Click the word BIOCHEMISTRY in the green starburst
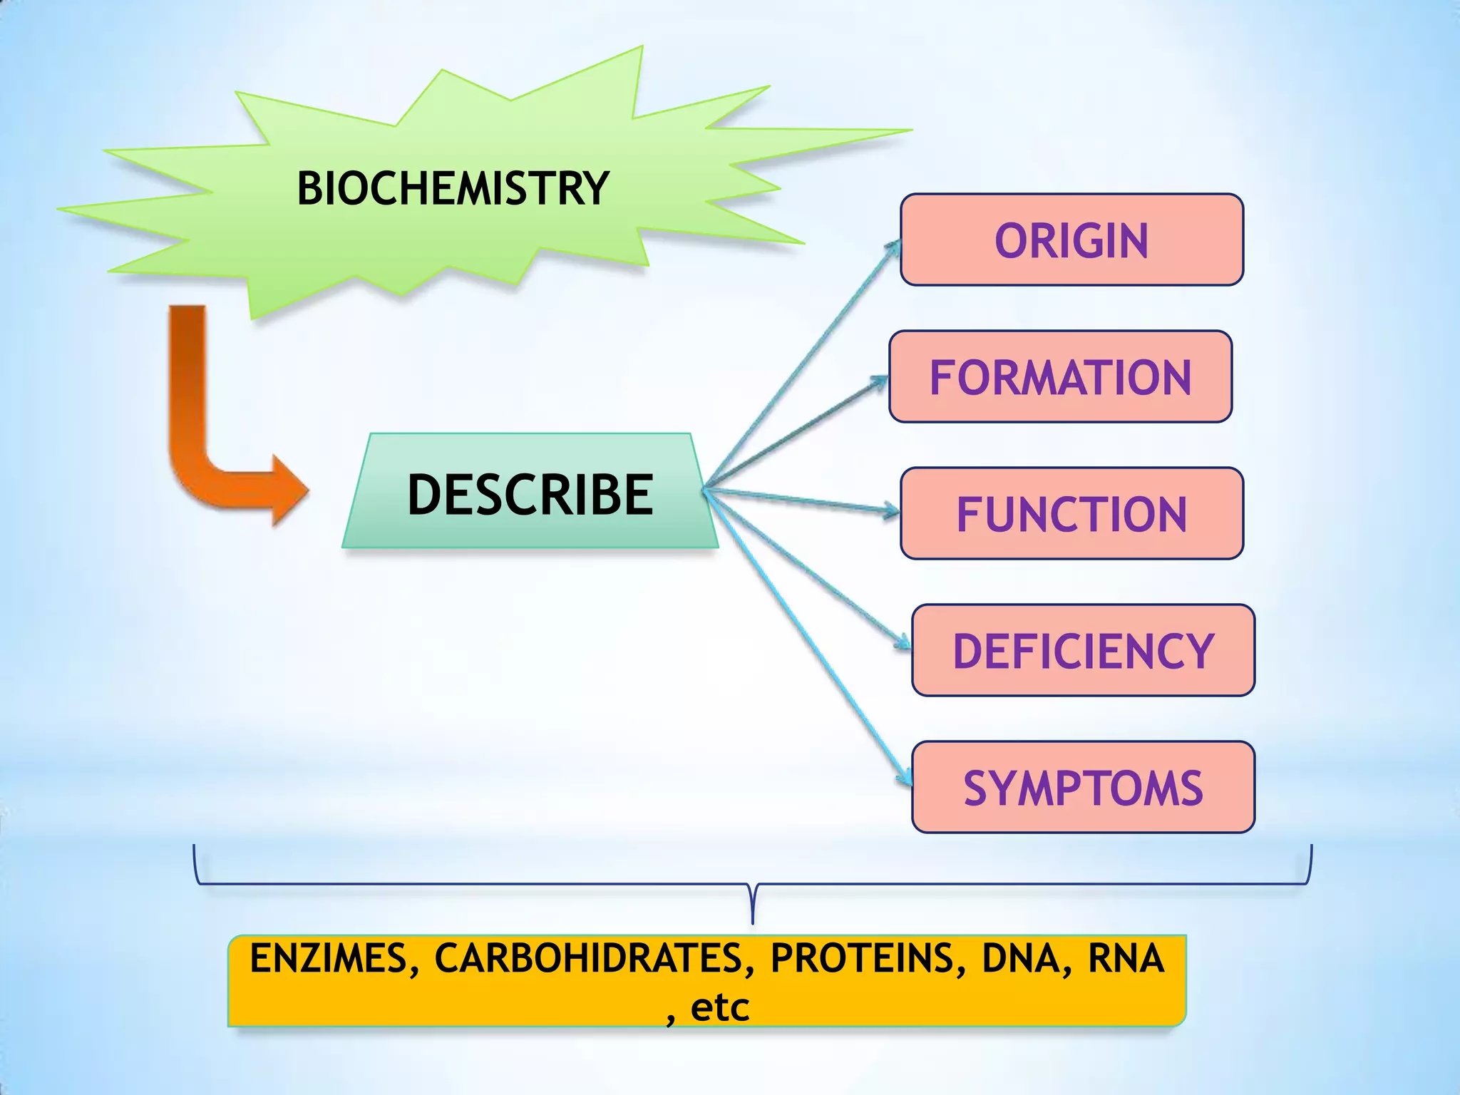click(453, 189)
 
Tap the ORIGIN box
click(1071, 240)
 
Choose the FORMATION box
click(1060, 377)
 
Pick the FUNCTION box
click(1071, 514)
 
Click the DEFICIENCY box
click(1083, 651)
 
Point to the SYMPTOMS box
click(1083, 788)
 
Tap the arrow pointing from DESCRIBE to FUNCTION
click(802, 500)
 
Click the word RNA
click(1126, 959)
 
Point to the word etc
click(720, 1008)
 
